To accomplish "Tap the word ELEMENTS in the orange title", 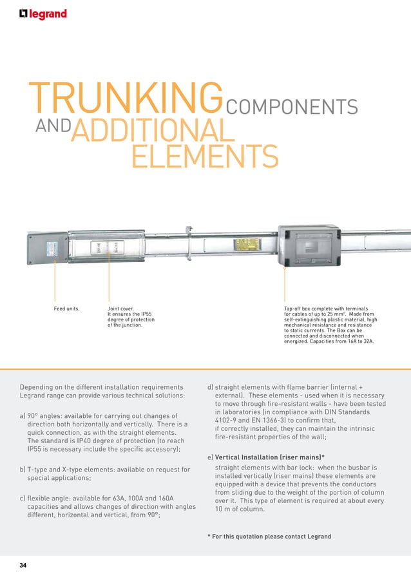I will click(204, 157).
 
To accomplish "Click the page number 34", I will click(23, 566).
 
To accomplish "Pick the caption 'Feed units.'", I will click(66, 309).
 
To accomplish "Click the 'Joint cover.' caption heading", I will click(120, 309).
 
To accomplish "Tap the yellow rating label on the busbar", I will click(247, 245).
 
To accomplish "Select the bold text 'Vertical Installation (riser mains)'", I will click(269, 457).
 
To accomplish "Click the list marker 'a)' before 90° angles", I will click(24, 415).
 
